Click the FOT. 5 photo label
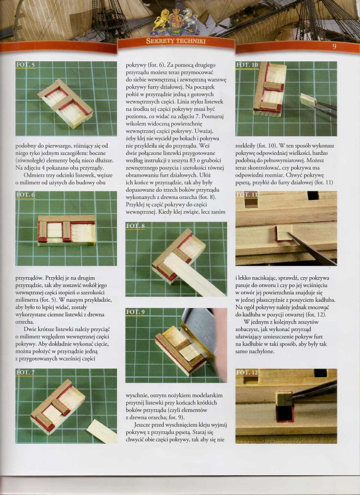[x=26, y=65]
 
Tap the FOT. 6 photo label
[x=26, y=194]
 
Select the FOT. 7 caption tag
[x=26, y=372]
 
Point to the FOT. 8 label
[x=135, y=226]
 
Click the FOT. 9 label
[x=135, y=312]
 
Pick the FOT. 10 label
[x=247, y=65]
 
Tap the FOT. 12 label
[x=247, y=373]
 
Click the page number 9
[x=334, y=47]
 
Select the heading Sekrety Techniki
[x=176, y=41]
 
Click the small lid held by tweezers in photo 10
[x=309, y=100]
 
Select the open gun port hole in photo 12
[x=285, y=414]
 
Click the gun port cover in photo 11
[x=283, y=234]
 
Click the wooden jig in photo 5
[x=65, y=103]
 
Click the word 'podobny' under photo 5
[x=25, y=147]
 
